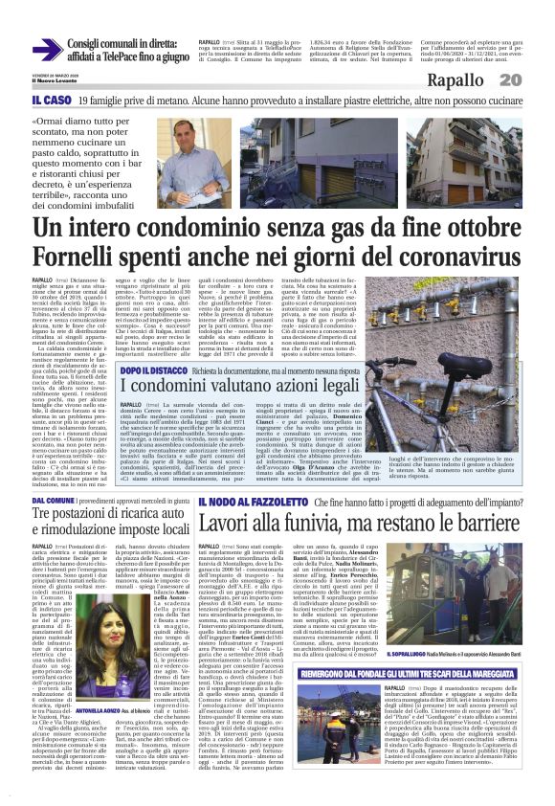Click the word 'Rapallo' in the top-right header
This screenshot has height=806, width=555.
460,79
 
